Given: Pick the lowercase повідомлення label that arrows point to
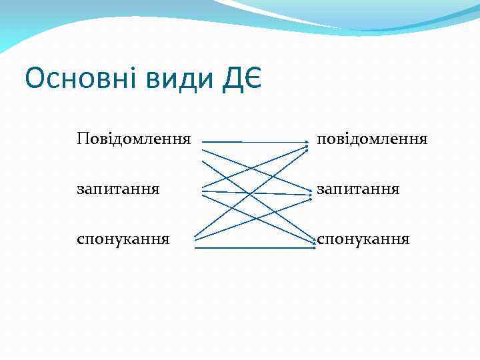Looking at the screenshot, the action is coord(372,139).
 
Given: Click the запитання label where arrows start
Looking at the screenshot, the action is coord(119,189).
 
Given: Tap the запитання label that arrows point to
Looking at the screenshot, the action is coord(358,189).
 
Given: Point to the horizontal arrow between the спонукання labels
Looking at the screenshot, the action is coord(253,248).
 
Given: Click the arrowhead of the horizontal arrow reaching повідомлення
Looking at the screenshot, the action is coord(307,142).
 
